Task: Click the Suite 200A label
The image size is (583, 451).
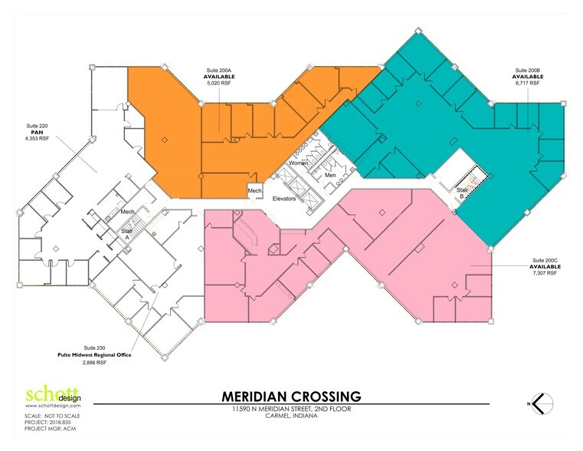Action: click(218, 70)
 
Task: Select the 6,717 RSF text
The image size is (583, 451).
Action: click(527, 82)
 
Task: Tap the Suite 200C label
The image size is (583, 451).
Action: click(547, 261)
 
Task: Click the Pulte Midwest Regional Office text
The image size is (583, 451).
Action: click(94, 355)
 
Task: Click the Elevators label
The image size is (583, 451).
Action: click(290, 199)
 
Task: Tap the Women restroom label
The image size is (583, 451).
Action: click(299, 163)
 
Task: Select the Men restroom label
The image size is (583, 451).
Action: click(330, 176)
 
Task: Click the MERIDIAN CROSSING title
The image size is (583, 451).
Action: click(291, 397)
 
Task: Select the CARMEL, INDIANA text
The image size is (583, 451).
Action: click(291, 420)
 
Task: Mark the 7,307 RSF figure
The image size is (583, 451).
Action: click(547, 274)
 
